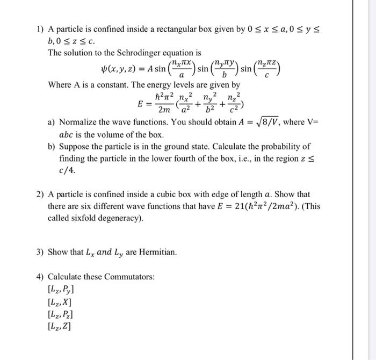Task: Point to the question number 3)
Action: click(40, 252)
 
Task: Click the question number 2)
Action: click(40, 195)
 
